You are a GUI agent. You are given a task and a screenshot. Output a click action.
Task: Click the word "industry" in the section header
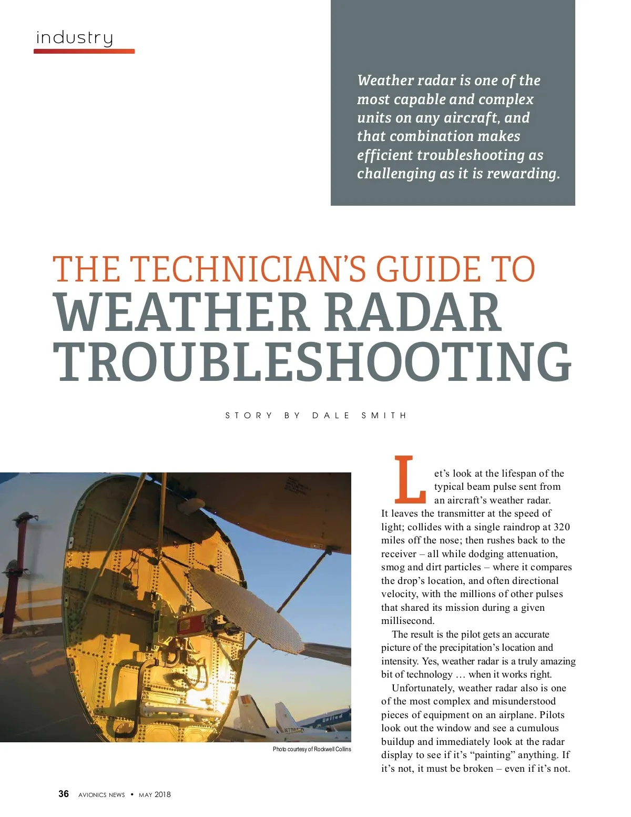74,38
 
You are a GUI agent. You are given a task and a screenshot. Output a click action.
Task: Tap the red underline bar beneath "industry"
84,51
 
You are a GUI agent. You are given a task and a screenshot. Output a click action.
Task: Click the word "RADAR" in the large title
413,313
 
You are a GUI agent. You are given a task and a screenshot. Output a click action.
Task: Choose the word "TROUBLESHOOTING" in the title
313,362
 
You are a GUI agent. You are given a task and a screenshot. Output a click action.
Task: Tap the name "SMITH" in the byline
384,416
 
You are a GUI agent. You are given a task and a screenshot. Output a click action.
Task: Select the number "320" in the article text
562,527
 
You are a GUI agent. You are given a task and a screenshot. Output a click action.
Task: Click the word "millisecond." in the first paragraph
408,621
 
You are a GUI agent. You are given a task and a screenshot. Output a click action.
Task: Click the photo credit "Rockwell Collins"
332,749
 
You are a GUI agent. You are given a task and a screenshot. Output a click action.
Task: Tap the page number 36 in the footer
64,794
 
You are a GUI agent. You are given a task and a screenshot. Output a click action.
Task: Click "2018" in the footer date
162,795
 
